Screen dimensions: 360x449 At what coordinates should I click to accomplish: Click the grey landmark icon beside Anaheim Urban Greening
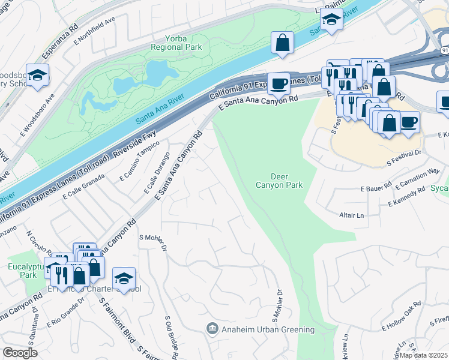211,329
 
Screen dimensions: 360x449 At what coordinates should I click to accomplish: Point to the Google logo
20,353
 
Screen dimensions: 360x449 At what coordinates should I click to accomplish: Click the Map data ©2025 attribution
423,355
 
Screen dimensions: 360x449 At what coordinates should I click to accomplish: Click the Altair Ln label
352,215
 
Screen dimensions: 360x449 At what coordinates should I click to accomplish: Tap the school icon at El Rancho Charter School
124,278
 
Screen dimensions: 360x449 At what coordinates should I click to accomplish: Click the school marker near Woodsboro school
37,75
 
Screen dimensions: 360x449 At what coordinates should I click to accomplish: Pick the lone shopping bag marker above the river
282,43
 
